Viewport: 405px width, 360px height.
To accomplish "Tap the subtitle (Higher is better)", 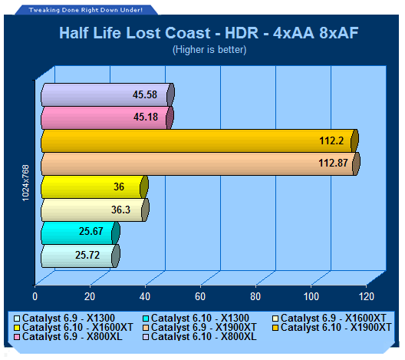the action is coord(209,50).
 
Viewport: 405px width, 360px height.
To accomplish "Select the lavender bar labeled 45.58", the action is coord(107,94).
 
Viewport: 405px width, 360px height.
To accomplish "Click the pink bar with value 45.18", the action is coord(107,117).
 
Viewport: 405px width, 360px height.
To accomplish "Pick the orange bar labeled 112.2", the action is coord(199,140).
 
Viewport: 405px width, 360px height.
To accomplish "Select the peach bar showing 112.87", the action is coord(200,163).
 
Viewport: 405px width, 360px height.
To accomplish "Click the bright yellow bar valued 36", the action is coord(94,187).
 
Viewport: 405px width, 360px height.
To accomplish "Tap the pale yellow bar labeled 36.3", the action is coord(95,210).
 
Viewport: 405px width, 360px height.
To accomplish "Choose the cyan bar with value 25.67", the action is coord(81,233).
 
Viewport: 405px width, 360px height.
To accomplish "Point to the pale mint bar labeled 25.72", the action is coord(81,256).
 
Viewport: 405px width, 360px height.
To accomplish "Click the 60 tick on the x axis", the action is coord(200,296).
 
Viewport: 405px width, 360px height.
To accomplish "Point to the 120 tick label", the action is coord(367,296).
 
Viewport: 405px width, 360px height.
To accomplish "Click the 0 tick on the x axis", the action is coord(35,296).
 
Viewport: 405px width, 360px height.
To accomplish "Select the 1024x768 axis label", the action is coord(25,183).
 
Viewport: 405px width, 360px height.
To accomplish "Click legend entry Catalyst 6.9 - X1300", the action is coord(64,318).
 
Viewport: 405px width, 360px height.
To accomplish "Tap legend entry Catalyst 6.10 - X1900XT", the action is coord(332,328).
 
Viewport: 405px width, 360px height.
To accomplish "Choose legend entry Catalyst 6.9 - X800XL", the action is coord(68,336).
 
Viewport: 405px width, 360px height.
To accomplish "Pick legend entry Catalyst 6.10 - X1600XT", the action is coord(74,328).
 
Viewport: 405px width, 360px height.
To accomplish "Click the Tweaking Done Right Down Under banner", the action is coord(86,10).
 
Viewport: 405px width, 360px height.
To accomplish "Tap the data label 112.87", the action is coord(333,163).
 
